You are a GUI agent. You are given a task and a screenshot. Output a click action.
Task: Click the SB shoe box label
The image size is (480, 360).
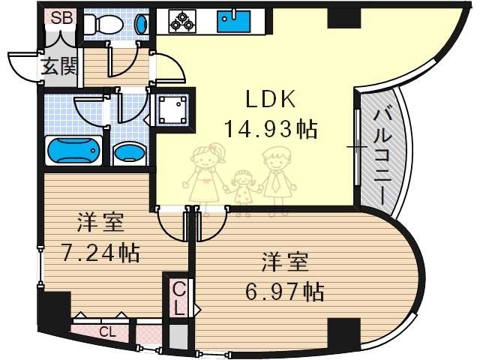(x=61, y=17)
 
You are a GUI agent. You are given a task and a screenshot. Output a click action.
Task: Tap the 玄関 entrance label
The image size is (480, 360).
(x=59, y=67)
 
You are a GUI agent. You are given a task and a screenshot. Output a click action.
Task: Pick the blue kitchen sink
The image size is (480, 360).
(x=232, y=20)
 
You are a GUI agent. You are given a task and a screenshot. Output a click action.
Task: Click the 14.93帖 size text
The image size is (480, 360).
(x=271, y=129)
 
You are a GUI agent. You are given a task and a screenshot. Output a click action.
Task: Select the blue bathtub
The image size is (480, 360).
(x=73, y=151)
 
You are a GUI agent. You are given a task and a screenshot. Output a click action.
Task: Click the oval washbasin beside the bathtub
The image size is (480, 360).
(x=129, y=153)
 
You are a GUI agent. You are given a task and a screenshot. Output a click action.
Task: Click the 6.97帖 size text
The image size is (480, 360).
(x=284, y=289)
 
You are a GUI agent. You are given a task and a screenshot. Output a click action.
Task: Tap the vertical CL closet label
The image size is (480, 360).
(x=178, y=298)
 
